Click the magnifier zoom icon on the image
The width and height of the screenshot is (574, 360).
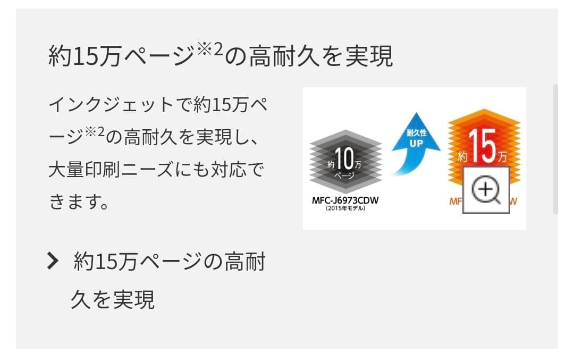486,190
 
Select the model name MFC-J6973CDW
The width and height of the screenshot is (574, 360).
345,200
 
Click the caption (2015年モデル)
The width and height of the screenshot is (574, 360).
345,210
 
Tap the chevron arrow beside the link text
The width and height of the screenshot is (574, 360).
52,262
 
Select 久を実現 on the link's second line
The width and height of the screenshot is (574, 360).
113,299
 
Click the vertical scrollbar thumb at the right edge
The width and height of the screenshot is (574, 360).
555,149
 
